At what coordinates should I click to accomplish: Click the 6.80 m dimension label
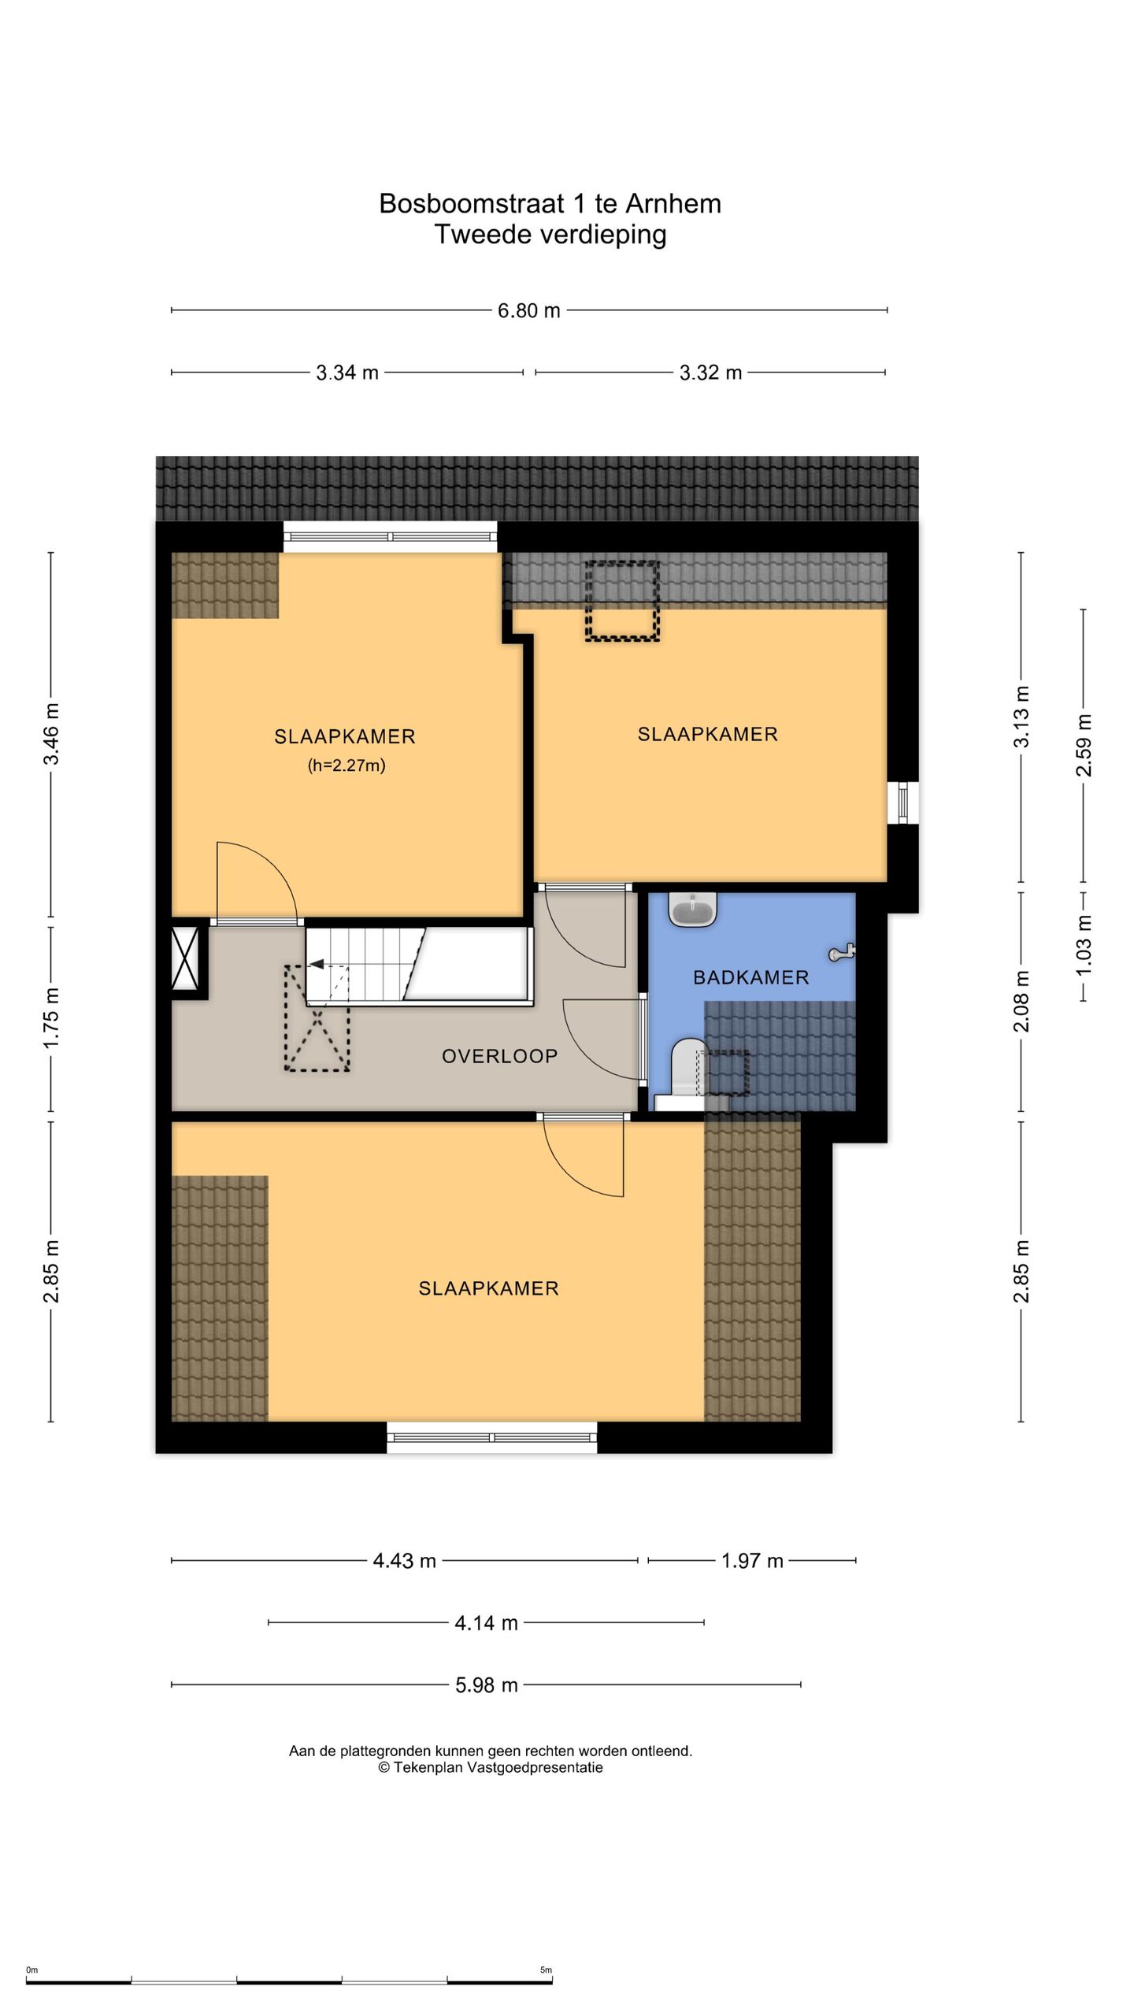pos(528,310)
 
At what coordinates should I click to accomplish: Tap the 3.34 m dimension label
pos(347,372)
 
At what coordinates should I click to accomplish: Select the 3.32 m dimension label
pos(710,372)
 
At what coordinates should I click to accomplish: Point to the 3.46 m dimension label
pos(51,734)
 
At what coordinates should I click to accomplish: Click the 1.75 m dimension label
pos(51,1017)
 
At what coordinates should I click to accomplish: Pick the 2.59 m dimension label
pos(1084,745)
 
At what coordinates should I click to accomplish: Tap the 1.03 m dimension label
pos(1084,945)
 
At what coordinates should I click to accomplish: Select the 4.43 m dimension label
pos(404,1561)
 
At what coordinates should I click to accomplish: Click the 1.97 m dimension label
pos(752,1561)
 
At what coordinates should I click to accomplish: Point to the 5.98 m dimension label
pos(487,1685)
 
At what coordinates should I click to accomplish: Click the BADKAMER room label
pos(750,977)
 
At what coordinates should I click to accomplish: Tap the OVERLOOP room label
pos(499,1056)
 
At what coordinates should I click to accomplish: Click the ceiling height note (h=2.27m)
pos(346,765)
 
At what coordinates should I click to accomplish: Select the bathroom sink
pos(692,909)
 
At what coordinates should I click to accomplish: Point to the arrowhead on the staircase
pos(317,963)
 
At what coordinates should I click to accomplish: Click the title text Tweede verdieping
pos(550,234)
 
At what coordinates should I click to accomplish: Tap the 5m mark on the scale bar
pos(546,1970)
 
